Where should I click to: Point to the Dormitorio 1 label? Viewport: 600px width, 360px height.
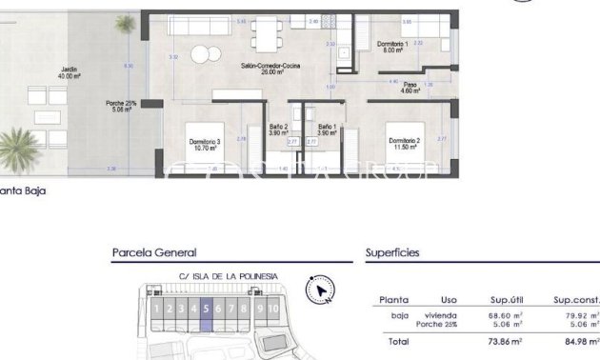click(391, 48)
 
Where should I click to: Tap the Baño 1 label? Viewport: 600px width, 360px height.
click(327, 130)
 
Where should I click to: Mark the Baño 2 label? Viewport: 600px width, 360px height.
click(279, 130)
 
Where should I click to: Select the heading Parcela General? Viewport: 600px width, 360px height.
click(154, 253)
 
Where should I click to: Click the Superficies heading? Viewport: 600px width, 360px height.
click(392, 253)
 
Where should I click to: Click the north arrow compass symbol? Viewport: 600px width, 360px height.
click(319, 290)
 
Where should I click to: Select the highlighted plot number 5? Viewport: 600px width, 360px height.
click(206, 309)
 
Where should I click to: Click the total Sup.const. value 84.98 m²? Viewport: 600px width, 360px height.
click(581, 341)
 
